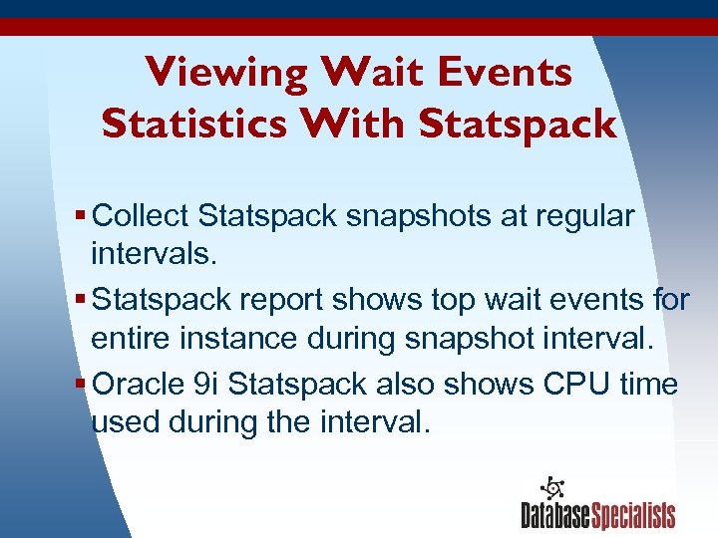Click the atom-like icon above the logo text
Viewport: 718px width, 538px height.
point(550,488)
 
